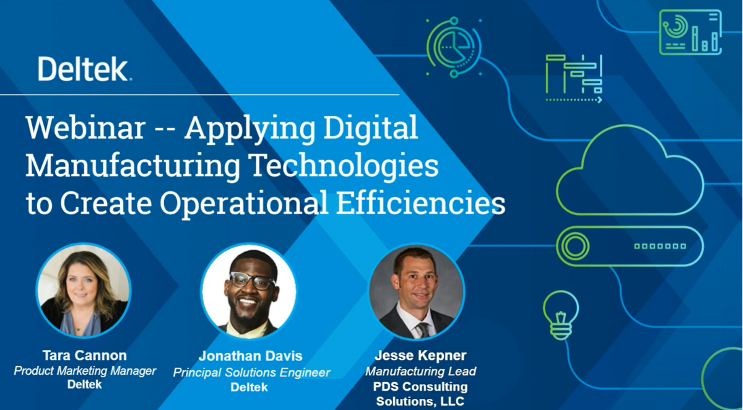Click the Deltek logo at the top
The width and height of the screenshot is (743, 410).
pos(85,69)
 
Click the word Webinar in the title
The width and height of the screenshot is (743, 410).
pos(85,128)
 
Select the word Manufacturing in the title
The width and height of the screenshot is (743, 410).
pos(133,167)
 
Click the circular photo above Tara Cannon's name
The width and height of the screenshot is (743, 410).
pos(83,290)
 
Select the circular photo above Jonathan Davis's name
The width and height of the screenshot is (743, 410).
pos(249,291)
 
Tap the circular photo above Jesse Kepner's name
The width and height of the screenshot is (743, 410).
pos(417,292)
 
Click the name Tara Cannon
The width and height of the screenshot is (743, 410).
pos(85,355)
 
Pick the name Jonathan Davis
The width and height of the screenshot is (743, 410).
pos(250,356)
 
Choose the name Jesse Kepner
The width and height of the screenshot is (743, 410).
pos(420,355)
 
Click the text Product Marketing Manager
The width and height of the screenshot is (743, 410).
pos(85,370)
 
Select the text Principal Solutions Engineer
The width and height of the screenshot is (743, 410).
pos(251,372)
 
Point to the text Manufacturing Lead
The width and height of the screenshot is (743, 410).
pos(420,371)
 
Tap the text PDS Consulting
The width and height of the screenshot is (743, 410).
pos(420,386)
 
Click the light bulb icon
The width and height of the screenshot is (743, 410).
pos(561,315)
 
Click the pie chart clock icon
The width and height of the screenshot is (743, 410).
pos(454,47)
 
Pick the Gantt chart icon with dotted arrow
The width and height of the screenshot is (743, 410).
pos(574,79)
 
